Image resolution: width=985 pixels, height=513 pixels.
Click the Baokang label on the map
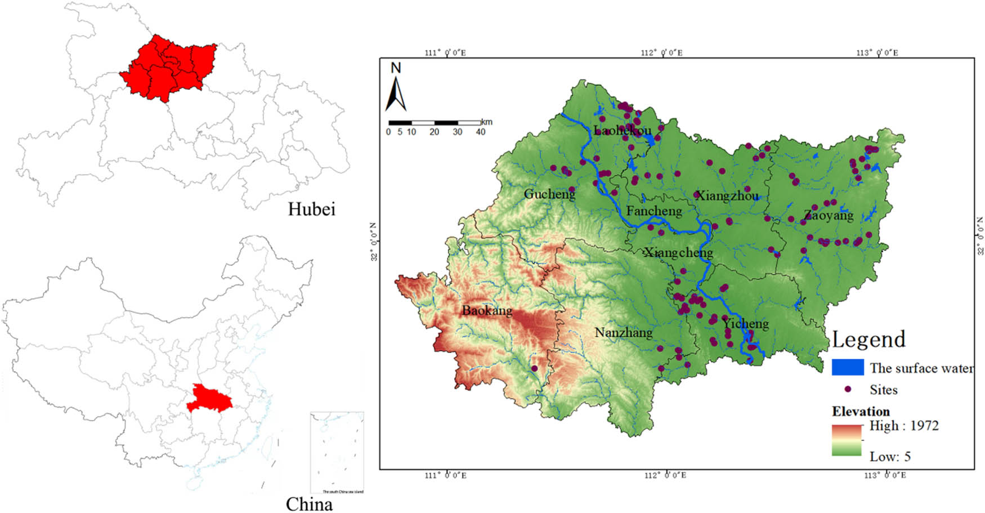tap(487, 310)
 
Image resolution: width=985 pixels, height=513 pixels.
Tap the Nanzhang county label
tap(623, 332)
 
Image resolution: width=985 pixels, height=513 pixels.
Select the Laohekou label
tap(622, 131)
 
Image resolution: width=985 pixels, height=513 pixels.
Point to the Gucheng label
tap(549, 194)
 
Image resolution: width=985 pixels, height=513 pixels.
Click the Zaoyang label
tap(829, 215)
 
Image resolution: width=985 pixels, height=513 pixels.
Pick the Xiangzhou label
tap(727, 196)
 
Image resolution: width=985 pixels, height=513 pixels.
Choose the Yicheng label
tap(746, 324)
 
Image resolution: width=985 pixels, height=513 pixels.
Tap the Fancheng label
tap(654, 211)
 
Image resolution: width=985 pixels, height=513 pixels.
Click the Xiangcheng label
tap(678, 252)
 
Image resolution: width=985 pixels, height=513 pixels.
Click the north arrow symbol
tap(396, 93)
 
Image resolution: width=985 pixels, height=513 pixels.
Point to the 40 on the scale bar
tap(480, 132)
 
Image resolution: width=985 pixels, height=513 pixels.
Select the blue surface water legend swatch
tap(848, 367)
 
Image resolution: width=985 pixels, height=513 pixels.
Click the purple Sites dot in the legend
tap(848, 389)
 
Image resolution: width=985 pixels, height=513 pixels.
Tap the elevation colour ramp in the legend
tap(847, 440)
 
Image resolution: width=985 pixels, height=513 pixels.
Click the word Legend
tap(868, 340)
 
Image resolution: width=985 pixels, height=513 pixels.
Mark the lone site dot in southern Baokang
tap(534, 368)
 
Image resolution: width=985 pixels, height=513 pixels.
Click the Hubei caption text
tap(311, 209)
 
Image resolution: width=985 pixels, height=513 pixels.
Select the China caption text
tap(309, 503)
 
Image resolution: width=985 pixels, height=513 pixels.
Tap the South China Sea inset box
tap(337, 453)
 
